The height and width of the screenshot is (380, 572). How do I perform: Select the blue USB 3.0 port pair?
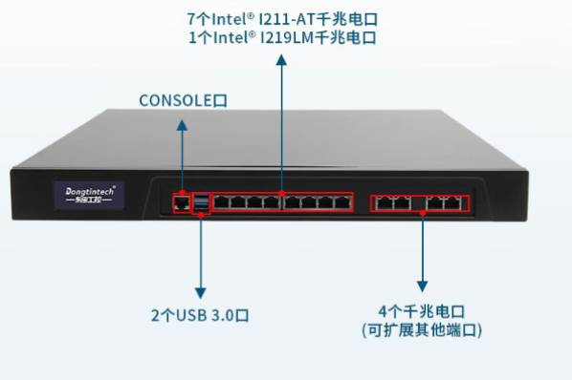tap(201, 201)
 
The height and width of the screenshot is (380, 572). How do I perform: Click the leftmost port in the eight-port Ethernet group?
tap(221, 201)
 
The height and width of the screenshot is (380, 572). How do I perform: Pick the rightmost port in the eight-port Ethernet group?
tap(341, 201)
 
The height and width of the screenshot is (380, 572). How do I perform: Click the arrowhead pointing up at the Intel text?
tap(281, 58)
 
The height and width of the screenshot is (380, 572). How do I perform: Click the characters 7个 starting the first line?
tap(197, 17)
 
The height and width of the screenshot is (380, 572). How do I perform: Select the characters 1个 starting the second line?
tap(197, 38)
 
